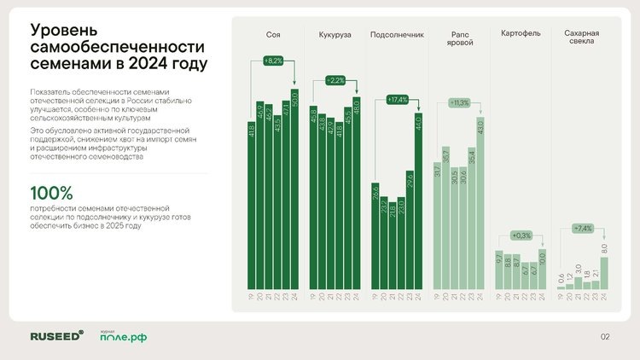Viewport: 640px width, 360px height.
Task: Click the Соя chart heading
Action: (x=273, y=35)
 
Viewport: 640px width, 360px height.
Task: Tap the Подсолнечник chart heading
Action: (x=397, y=35)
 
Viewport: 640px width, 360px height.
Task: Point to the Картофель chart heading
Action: (x=521, y=35)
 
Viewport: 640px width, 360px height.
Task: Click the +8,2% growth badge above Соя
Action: (x=272, y=61)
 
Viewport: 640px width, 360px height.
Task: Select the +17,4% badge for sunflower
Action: (x=397, y=100)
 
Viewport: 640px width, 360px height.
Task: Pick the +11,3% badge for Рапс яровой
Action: (x=459, y=102)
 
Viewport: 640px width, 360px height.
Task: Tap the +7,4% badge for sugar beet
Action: (x=583, y=229)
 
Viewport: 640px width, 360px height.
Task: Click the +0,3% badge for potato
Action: (x=521, y=235)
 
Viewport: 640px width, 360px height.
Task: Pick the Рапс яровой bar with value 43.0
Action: (x=481, y=204)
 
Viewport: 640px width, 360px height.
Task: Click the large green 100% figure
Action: (x=51, y=193)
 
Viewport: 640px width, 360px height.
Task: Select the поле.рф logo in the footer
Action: (x=123, y=337)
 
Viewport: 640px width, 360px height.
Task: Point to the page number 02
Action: (x=605, y=336)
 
